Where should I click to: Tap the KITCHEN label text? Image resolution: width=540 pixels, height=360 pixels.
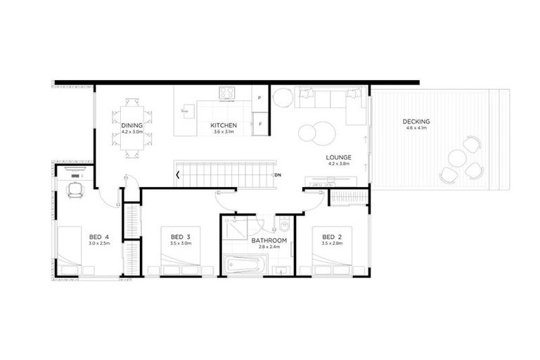[224, 125]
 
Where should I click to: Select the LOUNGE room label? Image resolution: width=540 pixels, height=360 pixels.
[339, 157]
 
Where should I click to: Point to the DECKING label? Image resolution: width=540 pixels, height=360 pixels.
[416, 122]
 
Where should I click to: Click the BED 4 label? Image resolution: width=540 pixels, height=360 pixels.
[98, 236]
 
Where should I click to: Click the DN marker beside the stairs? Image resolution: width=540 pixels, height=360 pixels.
[278, 174]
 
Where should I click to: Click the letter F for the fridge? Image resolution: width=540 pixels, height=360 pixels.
[260, 124]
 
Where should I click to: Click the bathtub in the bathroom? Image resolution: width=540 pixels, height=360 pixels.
[245, 265]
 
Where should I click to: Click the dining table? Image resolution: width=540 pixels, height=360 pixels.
[131, 127]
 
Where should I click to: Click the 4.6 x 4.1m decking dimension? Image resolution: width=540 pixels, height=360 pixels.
[416, 128]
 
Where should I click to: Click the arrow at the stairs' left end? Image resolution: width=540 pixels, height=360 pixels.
[178, 174]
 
